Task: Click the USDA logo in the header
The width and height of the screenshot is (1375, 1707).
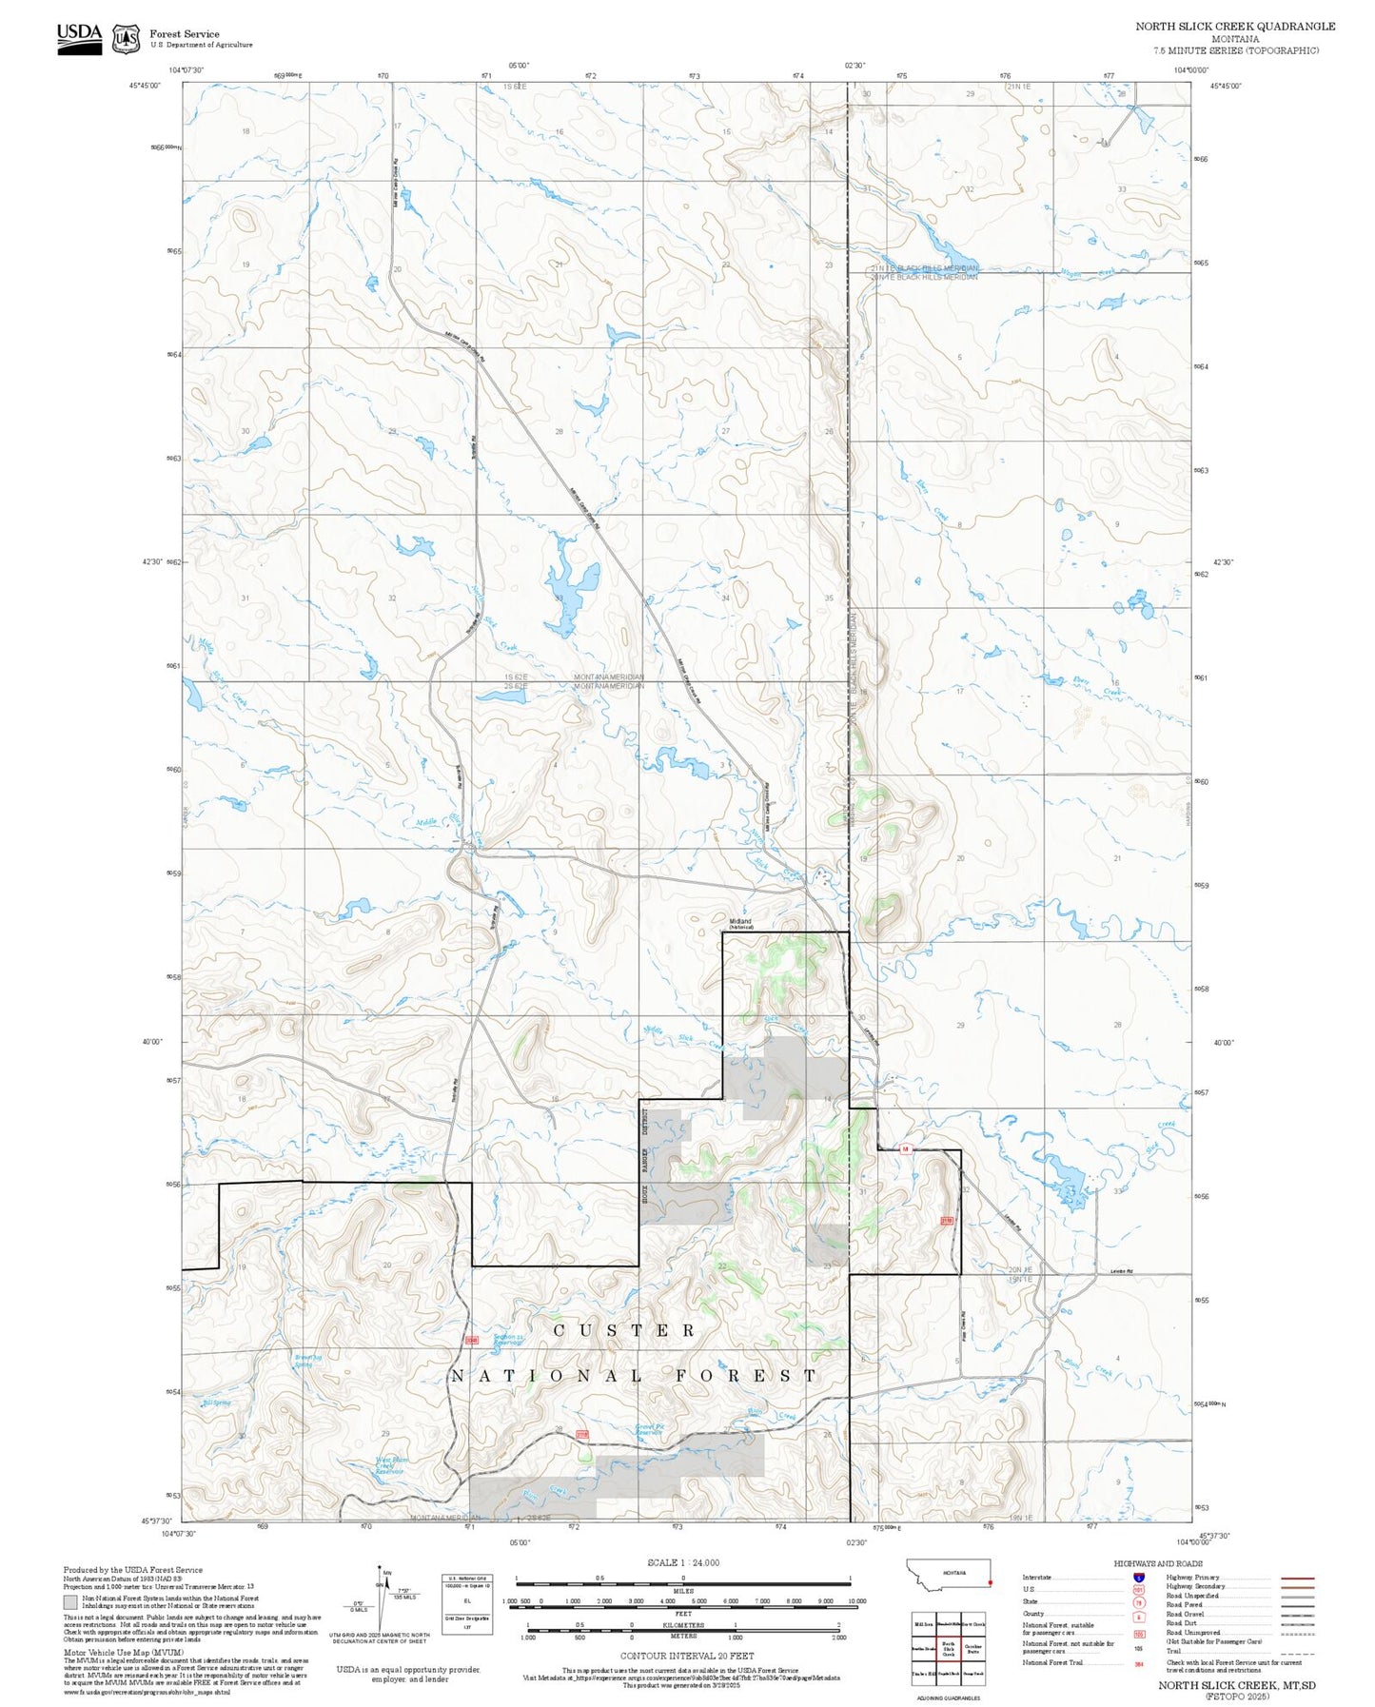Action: pyautogui.click(x=79, y=38)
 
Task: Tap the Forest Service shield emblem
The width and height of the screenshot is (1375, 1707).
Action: pyautogui.click(x=126, y=39)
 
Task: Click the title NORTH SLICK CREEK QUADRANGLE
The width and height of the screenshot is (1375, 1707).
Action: pyautogui.click(x=1234, y=27)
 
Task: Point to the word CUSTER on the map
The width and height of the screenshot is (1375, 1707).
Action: pyautogui.click(x=624, y=1330)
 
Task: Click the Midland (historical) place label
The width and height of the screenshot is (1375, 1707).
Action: pyautogui.click(x=740, y=923)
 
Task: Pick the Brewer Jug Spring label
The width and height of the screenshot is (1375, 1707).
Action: pyautogui.click(x=304, y=1361)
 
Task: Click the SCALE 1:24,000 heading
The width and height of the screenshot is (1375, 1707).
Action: pyautogui.click(x=683, y=1562)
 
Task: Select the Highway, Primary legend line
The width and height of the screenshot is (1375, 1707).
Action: pyautogui.click(x=1298, y=1578)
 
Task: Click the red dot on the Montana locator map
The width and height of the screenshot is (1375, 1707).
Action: pyautogui.click(x=990, y=1583)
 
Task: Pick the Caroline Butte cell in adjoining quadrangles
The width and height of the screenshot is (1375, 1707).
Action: pyautogui.click(x=972, y=1649)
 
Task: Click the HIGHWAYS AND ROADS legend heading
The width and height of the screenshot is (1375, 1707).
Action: pyautogui.click(x=1158, y=1563)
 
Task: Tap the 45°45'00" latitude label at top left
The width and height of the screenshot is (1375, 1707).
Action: pyautogui.click(x=146, y=86)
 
